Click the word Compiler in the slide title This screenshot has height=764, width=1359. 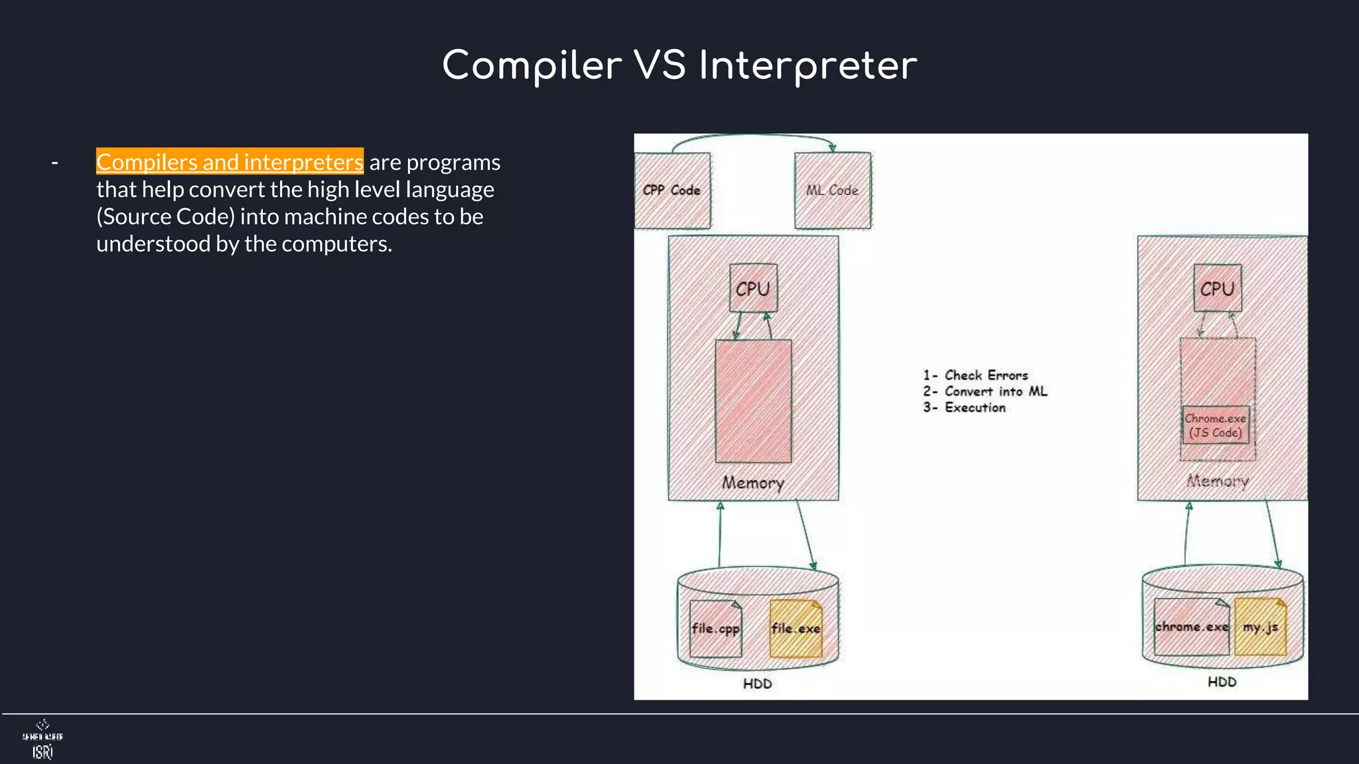pyautogui.click(x=532, y=66)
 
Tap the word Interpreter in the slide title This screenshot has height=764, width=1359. pyautogui.click(x=808, y=66)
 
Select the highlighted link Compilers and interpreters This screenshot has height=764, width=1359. pyautogui.click(x=230, y=162)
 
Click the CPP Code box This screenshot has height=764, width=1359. pyautogui.click(x=672, y=190)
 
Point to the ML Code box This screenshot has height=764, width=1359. pyautogui.click(x=832, y=190)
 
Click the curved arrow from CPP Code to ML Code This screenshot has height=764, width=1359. pyautogui.click(x=753, y=137)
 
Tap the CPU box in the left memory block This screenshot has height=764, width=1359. pyautogui.click(x=752, y=288)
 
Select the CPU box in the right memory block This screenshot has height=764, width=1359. pyautogui.click(x=1217, y=288)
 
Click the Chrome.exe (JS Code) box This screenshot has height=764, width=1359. pyautogui.click(x=1215, y=425)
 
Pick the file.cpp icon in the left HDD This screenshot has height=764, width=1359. pyautogui.click(x=715, y=628)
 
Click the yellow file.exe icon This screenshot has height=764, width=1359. pyautogui.click(x=796, y=628)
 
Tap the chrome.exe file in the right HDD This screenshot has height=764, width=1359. pyautogui.click(x=1191, y=627)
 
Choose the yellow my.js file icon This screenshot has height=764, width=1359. pyautogui.click(x=1260, y=627)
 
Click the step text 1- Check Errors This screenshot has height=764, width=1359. pyautogui.click(x=975, y=375)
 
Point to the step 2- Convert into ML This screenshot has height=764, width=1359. pyautogui.click(x=985, y=391)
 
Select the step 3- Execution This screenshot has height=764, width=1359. pyautogui.click(x=964, y=408)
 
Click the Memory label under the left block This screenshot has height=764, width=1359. pyautogui.click(x=752, y=483)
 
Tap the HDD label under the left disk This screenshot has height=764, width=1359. pyautogui.click(x=757, y=684)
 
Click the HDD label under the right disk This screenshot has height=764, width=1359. pyautogui.click(x=1222, y=682)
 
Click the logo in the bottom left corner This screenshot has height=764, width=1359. pyautogui.click(x=42, y=739)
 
